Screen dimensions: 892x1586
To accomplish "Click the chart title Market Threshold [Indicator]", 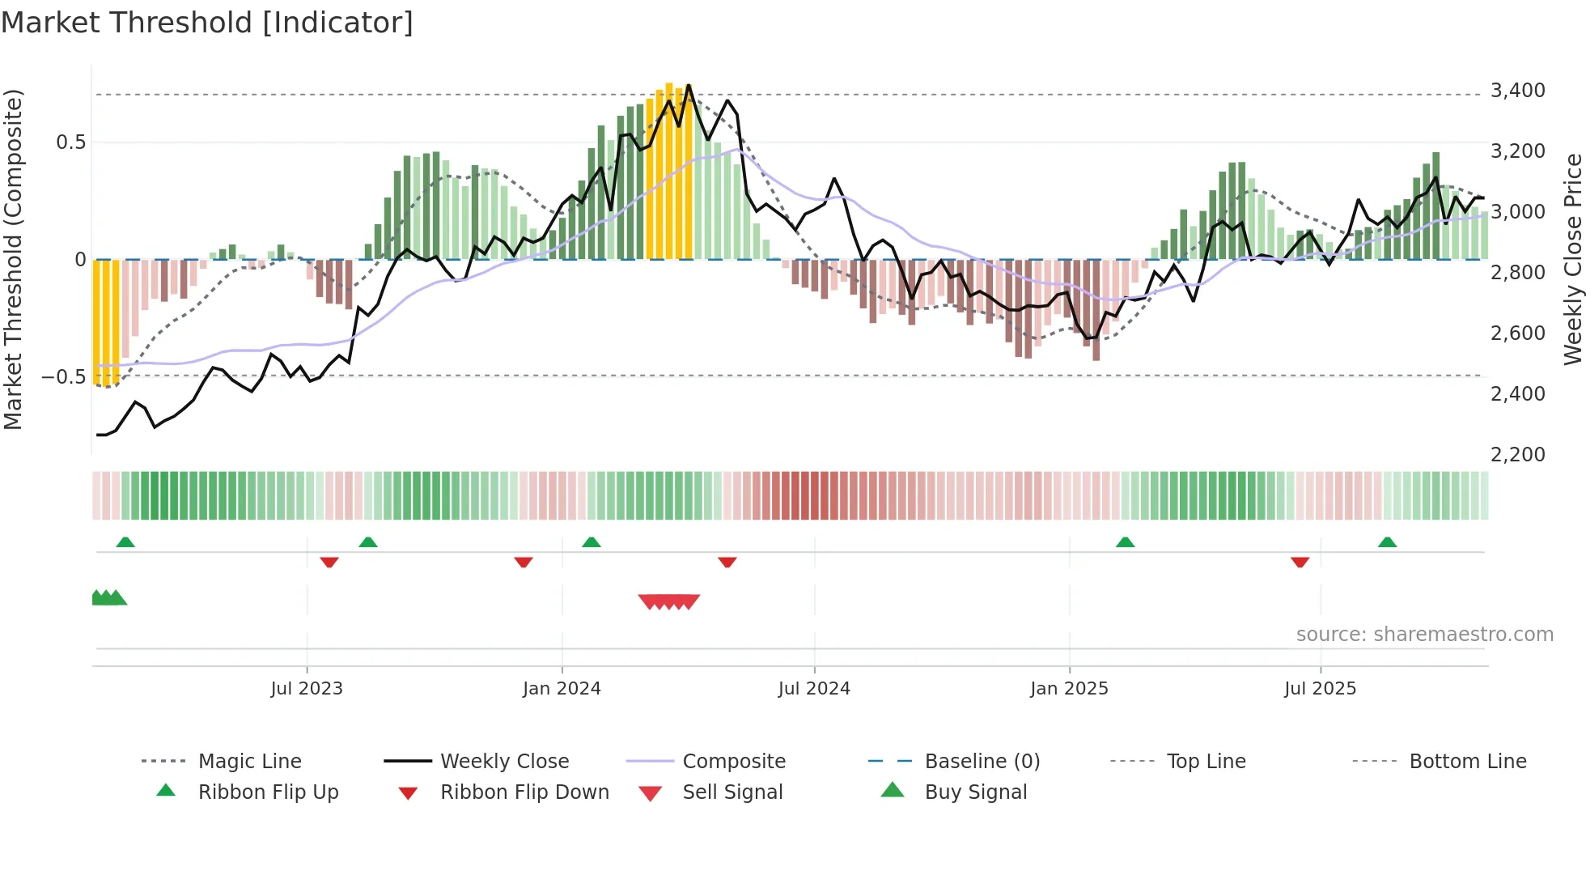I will pos(207,23).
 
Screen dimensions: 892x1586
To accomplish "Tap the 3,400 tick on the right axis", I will pos(1517,91).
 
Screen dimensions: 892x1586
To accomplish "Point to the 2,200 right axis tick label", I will pos(1517,455).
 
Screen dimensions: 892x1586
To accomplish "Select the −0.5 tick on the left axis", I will pos(63,377).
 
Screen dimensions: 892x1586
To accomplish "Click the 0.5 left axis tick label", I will pos(70,142).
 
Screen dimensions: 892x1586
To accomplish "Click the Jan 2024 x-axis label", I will pos(562,689).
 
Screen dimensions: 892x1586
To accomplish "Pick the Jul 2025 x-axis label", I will pos(1320,689).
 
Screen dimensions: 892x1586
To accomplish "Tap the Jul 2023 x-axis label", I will pos(307,689).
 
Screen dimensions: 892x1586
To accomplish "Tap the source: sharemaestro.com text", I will pos(1424,635).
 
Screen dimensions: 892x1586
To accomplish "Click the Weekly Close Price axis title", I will pos(1572,259).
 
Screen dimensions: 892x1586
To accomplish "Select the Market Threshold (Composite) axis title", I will pos(13,259).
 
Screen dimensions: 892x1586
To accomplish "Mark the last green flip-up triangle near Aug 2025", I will pos(1387,542).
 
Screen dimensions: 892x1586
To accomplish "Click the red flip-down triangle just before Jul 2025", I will pos(1300,562).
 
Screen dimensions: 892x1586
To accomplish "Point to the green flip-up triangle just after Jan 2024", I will pos(592,542).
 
